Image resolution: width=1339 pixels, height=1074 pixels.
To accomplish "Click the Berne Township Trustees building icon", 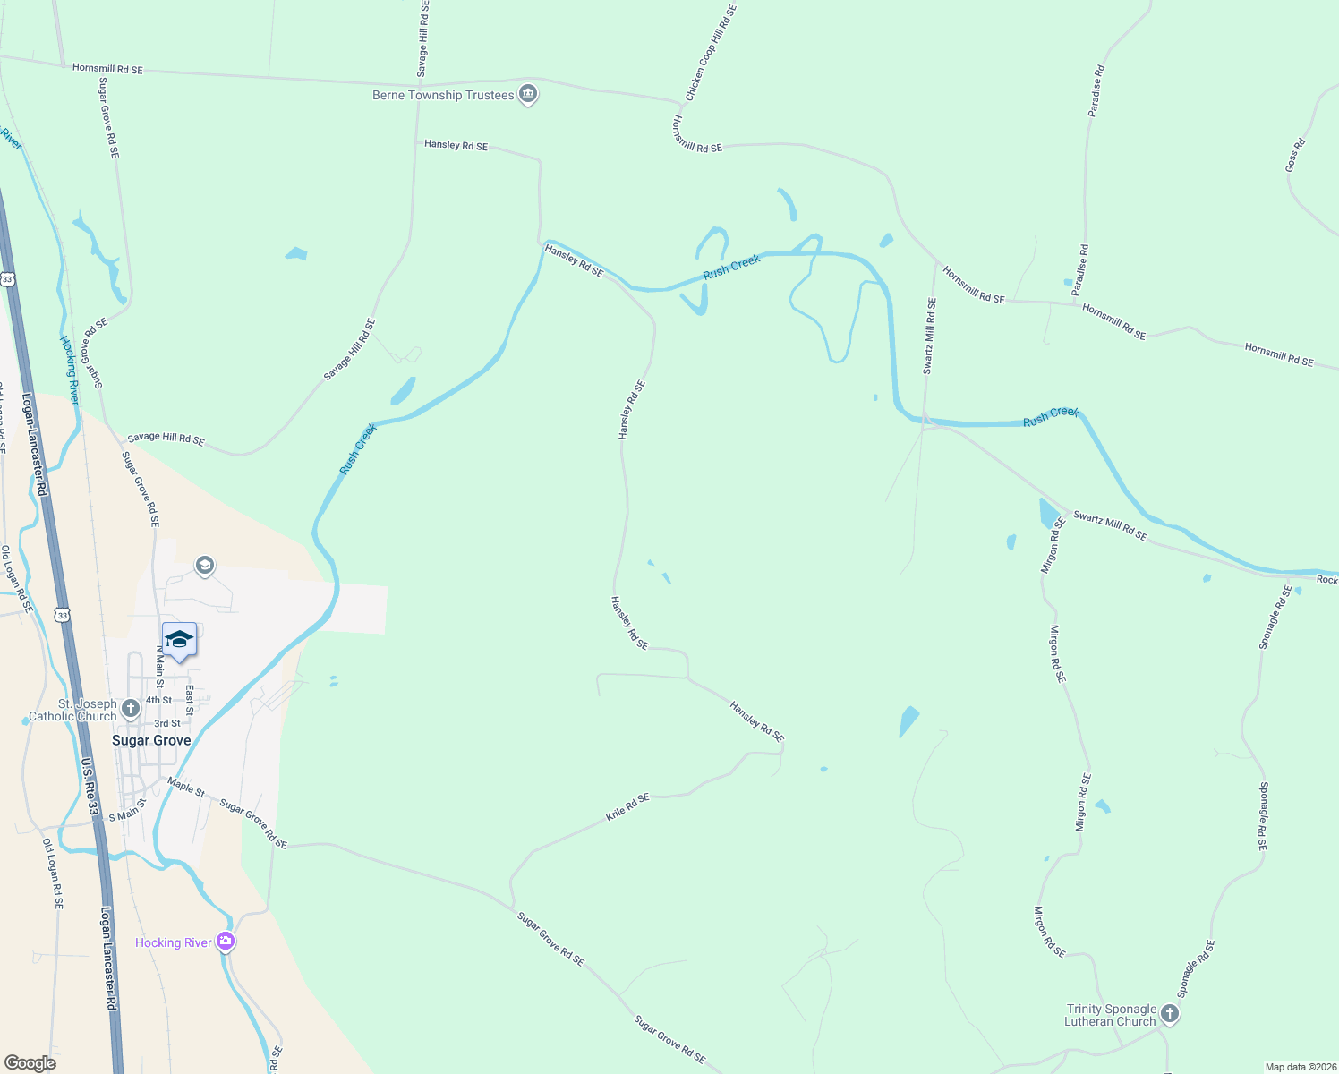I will click(528, 94).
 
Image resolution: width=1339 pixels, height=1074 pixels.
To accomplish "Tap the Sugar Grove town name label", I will click(151, 741).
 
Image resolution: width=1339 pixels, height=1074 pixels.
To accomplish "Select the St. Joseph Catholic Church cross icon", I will click(131, 710).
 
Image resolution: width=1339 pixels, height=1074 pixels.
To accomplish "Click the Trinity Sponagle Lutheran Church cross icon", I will click(1170, 1014).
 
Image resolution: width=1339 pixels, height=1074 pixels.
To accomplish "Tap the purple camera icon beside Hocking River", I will click(226, 942).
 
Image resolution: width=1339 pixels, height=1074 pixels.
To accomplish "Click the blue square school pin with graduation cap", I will click(179, 640).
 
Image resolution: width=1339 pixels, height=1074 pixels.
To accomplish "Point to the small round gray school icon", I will click(205, 565).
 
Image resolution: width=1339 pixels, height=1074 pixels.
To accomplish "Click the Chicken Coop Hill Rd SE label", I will click(711, 53).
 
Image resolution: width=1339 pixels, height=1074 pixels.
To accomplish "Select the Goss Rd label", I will click(1295, 155).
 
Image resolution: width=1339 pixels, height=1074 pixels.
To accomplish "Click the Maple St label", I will click(186, 787).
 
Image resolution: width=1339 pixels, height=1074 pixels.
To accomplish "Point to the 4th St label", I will click(159, 701).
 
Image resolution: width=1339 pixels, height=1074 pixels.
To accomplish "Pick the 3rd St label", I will click(167, 723).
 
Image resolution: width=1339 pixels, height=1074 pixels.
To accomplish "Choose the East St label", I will click(190, 700).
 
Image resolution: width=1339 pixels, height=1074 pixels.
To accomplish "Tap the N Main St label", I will click(160, 661).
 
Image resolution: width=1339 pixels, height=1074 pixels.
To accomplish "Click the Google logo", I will click(30, 1063).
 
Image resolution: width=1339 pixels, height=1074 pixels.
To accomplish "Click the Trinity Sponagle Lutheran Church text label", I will click(1111, 1015).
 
